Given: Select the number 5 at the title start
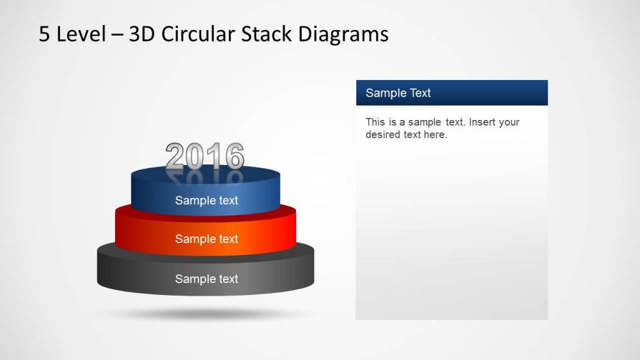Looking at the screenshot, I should pos(44,34).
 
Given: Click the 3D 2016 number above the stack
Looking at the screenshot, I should pos(204,156).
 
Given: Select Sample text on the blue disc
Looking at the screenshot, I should pos(206,201).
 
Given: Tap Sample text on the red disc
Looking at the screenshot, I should pos(206,239).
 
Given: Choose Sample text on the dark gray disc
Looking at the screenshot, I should pos(206,279).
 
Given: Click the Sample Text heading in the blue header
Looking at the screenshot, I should pos(398,93).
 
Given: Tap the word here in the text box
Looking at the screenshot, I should pos(435,134).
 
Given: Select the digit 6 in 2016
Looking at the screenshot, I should pos(234,156).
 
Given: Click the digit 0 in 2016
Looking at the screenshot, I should pos(196,156).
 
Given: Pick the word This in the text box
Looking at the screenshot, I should pos(375,122).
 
